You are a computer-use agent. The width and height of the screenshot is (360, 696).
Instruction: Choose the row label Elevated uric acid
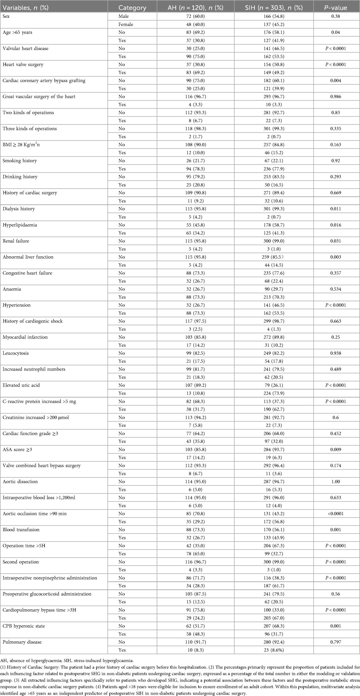pos(21,385)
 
